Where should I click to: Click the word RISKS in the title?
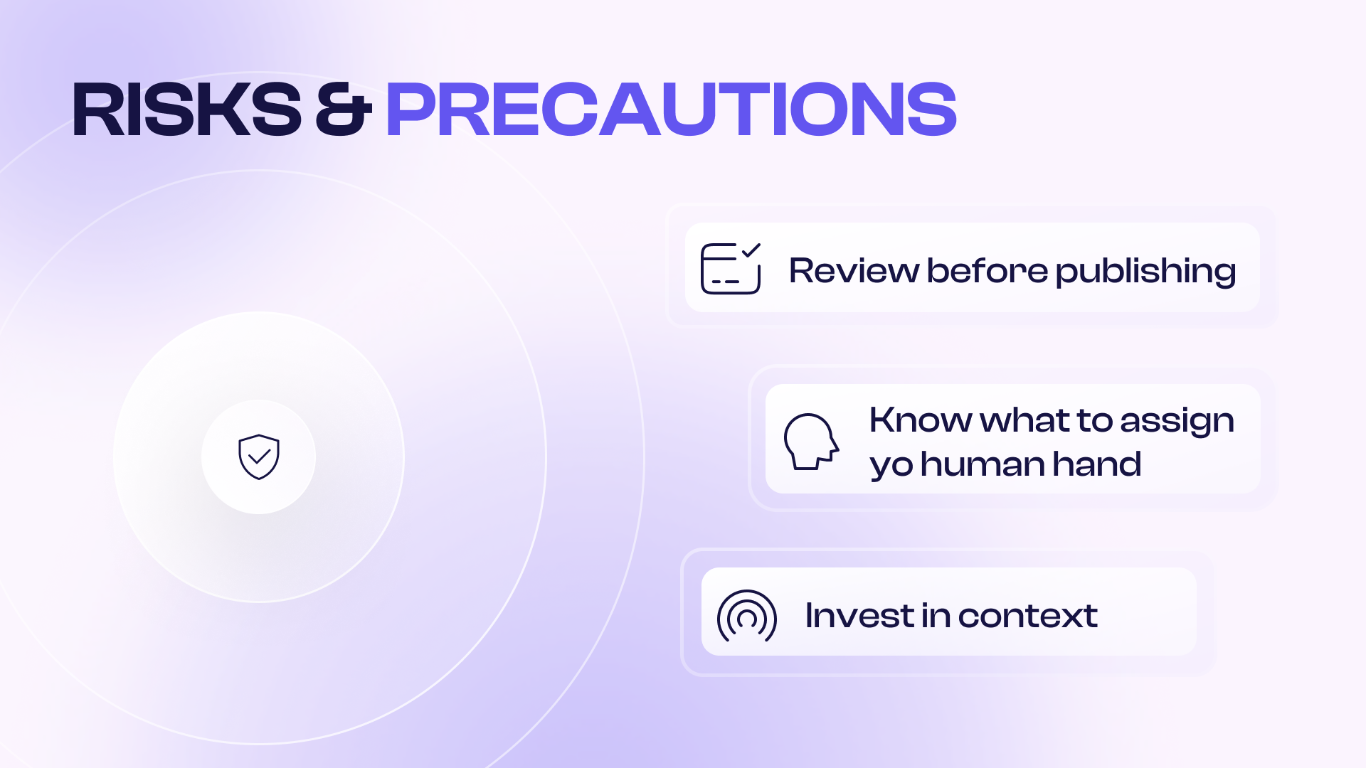(x=187, y=110)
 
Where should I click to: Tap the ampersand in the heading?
(x=344, y=110)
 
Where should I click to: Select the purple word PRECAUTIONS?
(x=671, y=110)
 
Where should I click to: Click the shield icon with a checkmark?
(x=259, y=457)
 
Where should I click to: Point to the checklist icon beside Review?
(x=731, y=268)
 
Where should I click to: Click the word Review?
(x=854, y=271)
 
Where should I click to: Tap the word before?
(x=988, y=271)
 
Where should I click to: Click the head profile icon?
(x=812, y=441)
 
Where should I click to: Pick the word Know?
(x=921, y=420)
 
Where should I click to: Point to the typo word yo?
(x=891, y=466)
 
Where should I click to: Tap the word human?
(x=983, y=464)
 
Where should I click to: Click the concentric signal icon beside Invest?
(x=747, y=616)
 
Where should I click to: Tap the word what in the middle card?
(x=1025, y=420)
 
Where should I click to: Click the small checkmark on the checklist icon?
(x=751, y=250)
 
